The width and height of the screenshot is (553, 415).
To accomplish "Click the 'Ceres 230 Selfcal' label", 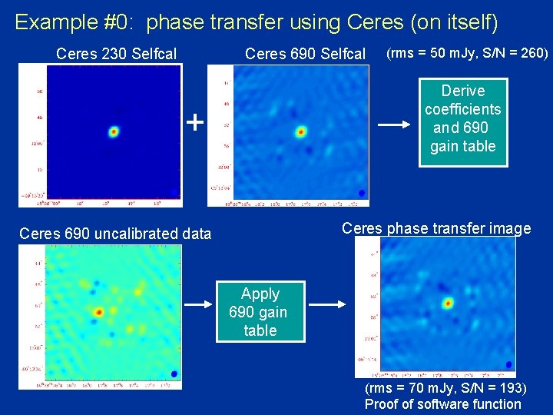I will coord(116,54).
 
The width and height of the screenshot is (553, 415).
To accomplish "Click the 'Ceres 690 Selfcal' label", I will coord(305,54).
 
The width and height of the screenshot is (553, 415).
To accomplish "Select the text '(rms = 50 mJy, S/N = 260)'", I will coord(467,53).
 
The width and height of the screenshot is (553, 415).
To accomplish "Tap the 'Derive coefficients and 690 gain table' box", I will coord(462,119).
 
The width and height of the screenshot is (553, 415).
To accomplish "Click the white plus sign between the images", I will coord(196,121).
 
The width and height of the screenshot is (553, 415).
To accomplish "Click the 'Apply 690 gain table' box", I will coord(260,312).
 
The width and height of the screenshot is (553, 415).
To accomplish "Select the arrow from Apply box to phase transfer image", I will coord(327,305).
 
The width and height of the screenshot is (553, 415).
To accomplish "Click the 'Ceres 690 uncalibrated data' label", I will coord(114,234).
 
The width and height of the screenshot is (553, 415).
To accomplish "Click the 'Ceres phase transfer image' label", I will coord(435,228).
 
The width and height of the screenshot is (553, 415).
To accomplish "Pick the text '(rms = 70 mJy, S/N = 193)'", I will coord(445,388).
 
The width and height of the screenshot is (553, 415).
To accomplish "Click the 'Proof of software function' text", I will coord(442,404).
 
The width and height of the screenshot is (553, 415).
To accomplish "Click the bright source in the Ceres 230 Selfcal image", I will coord(114,131).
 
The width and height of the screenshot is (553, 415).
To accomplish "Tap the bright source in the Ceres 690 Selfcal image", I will coord(300,131).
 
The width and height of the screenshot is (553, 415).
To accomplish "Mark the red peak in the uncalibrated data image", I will coord(98,312).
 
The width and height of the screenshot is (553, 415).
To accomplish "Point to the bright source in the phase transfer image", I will coord(447,303).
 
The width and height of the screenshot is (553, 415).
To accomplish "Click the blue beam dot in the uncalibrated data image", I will coord(174,373).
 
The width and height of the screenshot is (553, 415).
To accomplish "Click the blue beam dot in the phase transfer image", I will coord(508,364).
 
